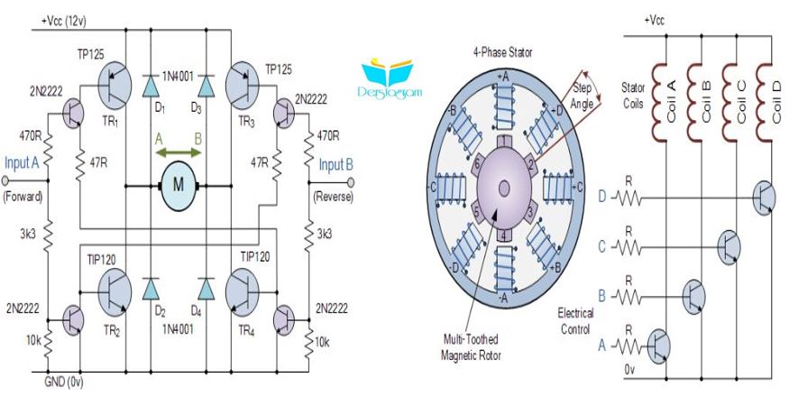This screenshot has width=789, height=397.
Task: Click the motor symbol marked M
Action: coord(179,185)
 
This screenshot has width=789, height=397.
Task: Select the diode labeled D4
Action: coord(206,289)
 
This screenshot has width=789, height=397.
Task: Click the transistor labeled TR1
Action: coord(115,85)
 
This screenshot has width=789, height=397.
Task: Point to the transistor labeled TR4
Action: coord(242,291)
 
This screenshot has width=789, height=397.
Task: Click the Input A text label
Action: coord(22,162)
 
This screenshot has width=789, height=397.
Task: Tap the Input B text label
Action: coord(336,164)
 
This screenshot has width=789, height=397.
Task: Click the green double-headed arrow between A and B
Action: coord(179,152)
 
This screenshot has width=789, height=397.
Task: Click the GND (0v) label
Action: coord(64,383)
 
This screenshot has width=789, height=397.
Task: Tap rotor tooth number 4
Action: coord(504,235)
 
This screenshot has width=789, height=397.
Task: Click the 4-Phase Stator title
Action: coord(502,52)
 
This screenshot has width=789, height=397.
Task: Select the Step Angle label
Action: coord(583,96)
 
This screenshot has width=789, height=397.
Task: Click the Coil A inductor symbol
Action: coord(659,101)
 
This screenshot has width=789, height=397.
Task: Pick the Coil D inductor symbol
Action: coord(765,101)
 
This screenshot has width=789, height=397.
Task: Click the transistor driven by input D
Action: coord(764,198)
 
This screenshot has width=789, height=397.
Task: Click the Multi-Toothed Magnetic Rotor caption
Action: coord(471,346)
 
